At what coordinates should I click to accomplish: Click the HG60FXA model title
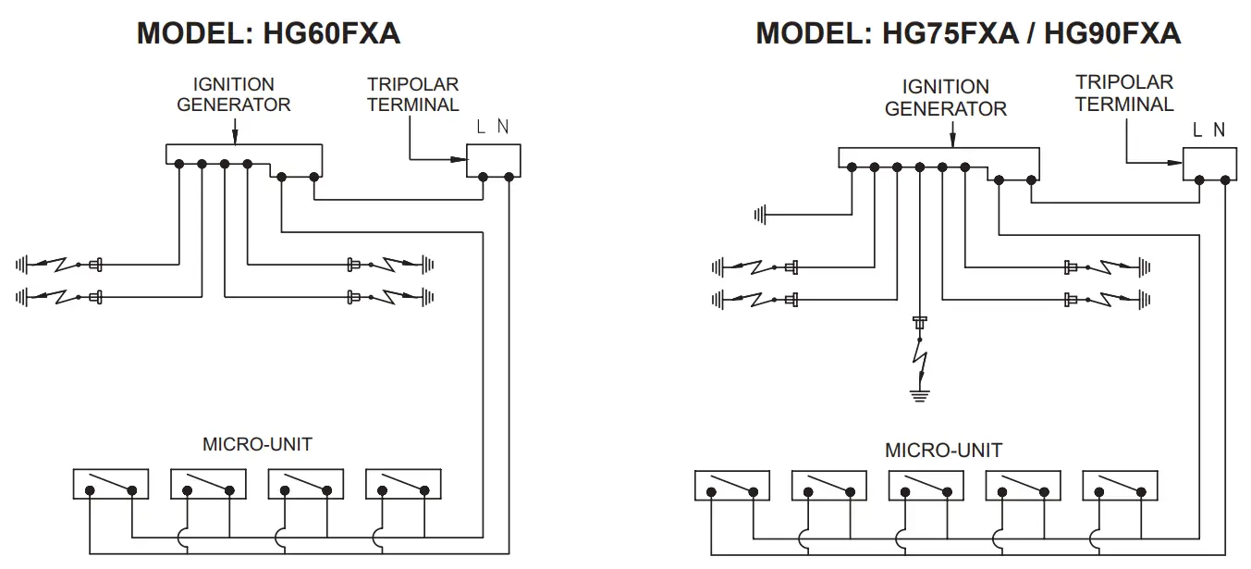coord(268,33)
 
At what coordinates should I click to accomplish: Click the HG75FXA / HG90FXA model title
coord(968,33)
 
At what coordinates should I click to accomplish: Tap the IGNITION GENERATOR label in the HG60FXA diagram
coord(233,94)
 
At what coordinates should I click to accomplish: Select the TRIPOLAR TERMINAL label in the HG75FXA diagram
coord(1124,93)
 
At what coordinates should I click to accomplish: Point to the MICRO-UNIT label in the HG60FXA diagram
coord(257,444)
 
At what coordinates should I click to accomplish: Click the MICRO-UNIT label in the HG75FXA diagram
coord(943,450)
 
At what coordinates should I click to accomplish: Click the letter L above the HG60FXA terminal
coord(480,128)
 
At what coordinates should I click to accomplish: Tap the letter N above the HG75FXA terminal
coord(1219,130)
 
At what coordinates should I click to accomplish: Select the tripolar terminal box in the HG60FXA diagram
coord(494,161)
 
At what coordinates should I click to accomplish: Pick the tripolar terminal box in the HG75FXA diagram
coord(1209,164)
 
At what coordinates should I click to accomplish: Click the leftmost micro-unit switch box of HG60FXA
coord(111,484)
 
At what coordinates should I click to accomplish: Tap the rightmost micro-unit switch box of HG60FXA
coord(403,484)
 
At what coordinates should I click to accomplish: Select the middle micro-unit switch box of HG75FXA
coord(926,486)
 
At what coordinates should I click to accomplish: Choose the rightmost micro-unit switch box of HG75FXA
coord(1120,486)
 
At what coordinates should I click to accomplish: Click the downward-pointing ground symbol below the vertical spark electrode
coord(919,396)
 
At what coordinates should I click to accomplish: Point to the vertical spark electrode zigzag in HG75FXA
coord(920,364)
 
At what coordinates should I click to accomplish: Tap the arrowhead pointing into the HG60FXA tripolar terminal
coord(460,159)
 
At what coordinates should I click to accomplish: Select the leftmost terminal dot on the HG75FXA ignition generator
coord(852,167)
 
